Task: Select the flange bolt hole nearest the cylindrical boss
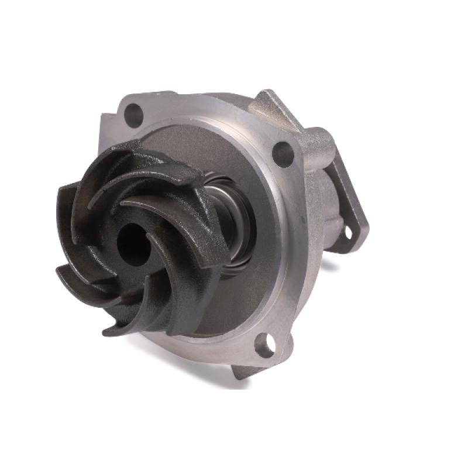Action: coord(283,153)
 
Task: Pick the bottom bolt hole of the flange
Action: coord(264,346)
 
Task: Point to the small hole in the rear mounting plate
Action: coord(348,233)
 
